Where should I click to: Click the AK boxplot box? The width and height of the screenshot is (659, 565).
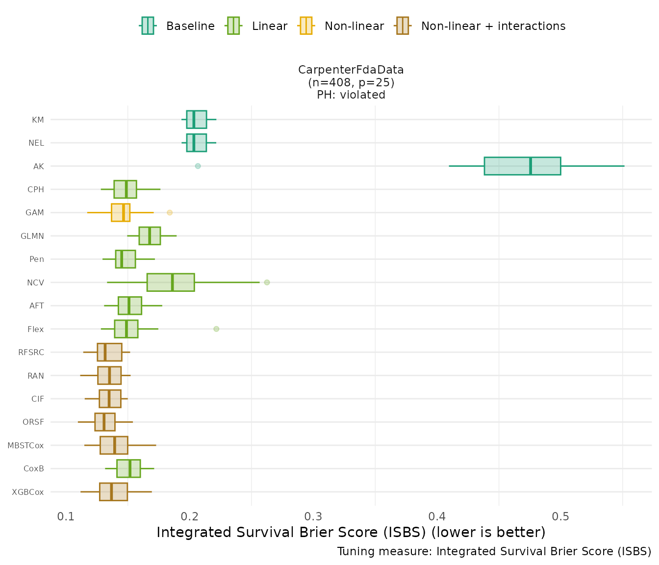[x=522, y=166]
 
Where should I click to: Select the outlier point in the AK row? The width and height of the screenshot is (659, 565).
[x=198, y=166]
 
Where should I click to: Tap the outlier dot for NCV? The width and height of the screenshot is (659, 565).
[x=267, y=282]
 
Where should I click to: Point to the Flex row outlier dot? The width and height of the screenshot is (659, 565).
[x=216, y=329]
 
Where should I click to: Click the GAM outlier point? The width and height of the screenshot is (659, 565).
[x=170, y=212]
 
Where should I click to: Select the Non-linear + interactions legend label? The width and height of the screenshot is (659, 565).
[x=493, y=26]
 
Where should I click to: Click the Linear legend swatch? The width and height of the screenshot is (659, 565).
[x=233, y=26]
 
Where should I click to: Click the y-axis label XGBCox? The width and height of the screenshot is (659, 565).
[x=28, y=492]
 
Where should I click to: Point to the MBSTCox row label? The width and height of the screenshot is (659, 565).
[x=25, y=445]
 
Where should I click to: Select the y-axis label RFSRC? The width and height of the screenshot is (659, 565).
[x=31, y=352]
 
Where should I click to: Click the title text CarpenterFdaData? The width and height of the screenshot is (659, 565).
[x=351, y=70]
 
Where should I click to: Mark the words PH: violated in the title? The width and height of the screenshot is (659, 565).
[x=351, y=95]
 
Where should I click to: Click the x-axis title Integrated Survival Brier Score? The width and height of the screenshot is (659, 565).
[x=351, y=532]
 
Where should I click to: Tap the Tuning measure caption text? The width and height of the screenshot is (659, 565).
[x=494, y=551]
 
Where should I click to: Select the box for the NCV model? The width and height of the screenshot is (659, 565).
[x=171, y=282]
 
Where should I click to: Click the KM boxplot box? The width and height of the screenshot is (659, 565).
[x=196, y=119]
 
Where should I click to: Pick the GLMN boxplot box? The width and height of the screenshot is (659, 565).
[x=150, y=235]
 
